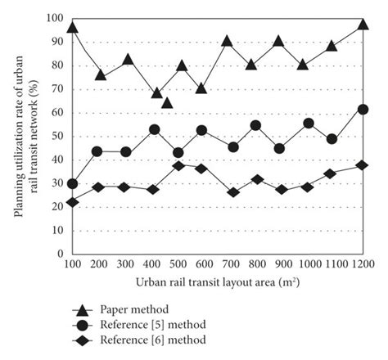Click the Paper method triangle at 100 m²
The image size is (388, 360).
(x=72, y=29)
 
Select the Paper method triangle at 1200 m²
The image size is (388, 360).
(x=363, y=25)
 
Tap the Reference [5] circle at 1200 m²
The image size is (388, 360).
(x=363, y=110)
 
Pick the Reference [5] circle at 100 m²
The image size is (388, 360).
(x=72, y=184)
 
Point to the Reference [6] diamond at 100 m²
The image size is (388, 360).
(x=72, y=202)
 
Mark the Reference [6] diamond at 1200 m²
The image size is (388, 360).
(x=363, y=165)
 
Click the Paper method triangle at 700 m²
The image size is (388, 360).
(x=227, y=41)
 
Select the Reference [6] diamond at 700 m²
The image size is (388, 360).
(x=232, y=192)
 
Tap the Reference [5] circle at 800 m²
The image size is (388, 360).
(x=255, y=126)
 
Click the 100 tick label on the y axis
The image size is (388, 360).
(x=54, y=18)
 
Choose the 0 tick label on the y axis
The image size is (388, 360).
(x=60, y=254)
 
